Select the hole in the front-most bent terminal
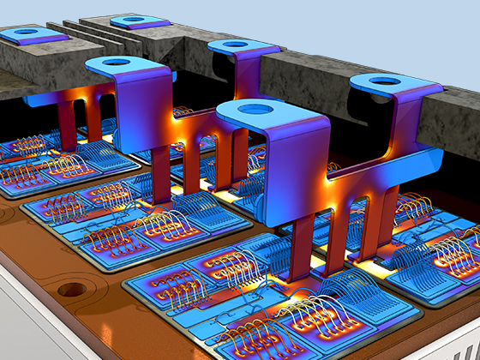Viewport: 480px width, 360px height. pyautogui.click(x=252, y=109)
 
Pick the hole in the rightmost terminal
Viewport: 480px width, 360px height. pyautogui.click(x=385, y=82)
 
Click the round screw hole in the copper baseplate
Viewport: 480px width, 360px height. pyautogui.click(x=74, y=290)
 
